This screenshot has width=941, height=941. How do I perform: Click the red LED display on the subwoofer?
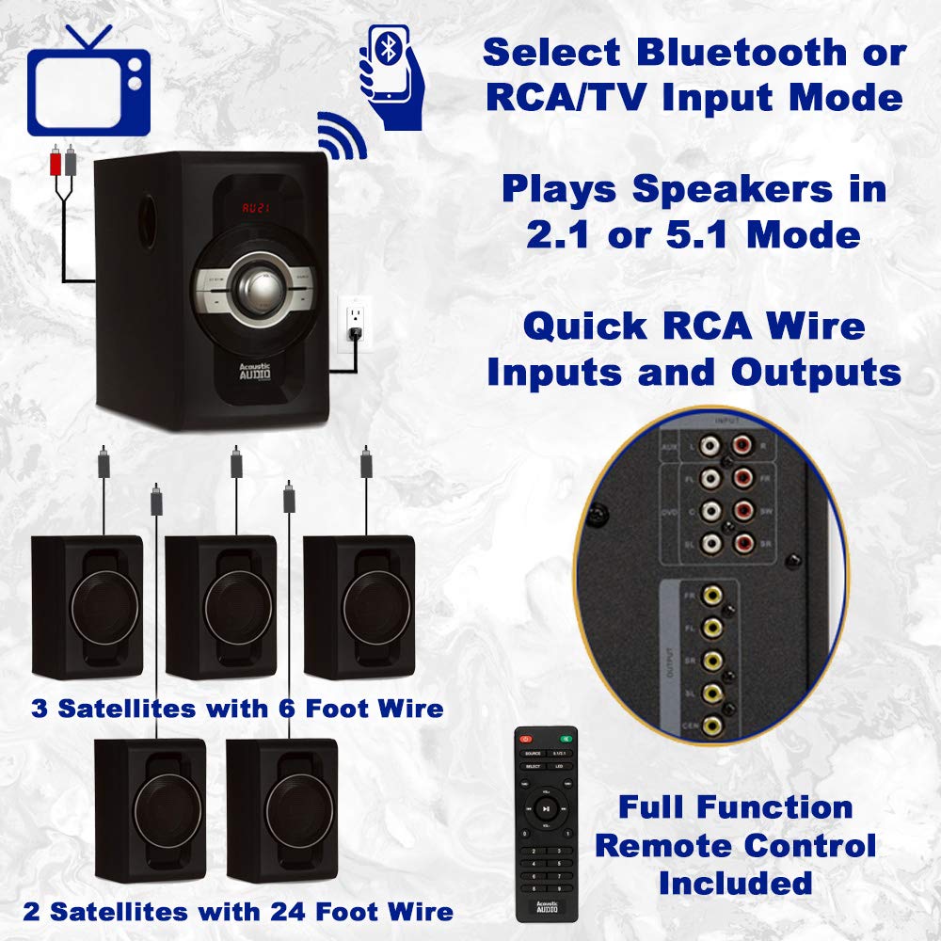click(256, 208)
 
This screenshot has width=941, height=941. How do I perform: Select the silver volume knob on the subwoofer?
click(257, 289)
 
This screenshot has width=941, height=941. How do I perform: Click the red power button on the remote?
click(524, 739)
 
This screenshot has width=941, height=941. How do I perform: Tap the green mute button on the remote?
click(566, 739)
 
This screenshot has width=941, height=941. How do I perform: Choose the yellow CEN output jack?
click(715, 725)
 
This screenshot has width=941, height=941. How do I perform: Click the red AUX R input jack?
click(743, 443)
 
